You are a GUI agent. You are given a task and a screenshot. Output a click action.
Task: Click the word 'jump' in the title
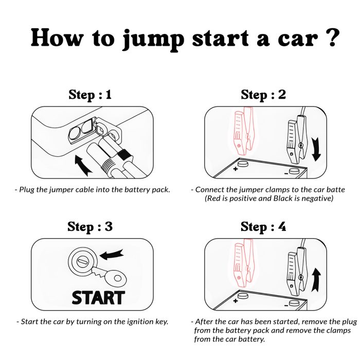[x=153, y=40]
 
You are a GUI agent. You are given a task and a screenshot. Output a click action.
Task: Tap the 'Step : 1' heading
[x=90, y=95]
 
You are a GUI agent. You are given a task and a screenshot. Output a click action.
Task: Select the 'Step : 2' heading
[x=263, y=95]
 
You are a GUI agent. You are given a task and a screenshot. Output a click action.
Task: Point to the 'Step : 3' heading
[x=90, y=227]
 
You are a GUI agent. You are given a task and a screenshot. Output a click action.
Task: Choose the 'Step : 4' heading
[x=263, y=227]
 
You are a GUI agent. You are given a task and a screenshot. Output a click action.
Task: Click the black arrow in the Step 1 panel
[x=83, y=165]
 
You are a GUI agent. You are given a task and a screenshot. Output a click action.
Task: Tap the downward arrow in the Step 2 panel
[x=316, y=149]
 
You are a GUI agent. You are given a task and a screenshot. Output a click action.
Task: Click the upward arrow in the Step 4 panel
[x=316, y=280]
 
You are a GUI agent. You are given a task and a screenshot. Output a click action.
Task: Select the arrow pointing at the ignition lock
[x=112, y=254]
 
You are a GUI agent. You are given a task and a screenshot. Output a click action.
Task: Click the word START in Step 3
[x=98, y=298]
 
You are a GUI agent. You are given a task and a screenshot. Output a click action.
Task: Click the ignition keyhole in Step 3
[x=83, y=261]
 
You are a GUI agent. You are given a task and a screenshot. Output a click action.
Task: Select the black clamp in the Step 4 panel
[x=297, y=271]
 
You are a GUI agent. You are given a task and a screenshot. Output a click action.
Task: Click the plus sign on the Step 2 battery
[x=236, y=169]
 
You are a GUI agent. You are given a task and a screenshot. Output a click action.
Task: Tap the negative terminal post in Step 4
[x=294, y=303]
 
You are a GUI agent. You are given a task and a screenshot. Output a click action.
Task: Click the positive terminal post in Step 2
[x=243, y=164]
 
